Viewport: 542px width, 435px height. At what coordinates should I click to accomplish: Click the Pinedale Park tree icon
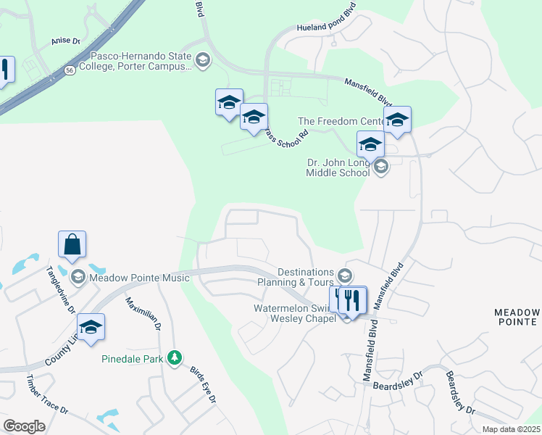click(x=174, y=357)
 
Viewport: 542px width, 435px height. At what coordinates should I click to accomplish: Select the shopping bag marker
click(x=72, y=244)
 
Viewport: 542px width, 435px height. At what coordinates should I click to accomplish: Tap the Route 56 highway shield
click(x=70, y=70)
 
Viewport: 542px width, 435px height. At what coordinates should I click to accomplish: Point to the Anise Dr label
click(x=65, y=41)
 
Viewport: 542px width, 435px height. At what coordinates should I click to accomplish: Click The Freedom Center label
click(x=338, y=121)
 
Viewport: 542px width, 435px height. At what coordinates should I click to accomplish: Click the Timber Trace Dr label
click(x=47, y=394)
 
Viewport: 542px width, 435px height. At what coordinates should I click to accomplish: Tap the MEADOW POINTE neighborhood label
click(x=517, y=317)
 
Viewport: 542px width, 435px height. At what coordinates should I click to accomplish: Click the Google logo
click(x=24, y=426)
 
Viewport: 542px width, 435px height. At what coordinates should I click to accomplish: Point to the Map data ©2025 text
click(x=511, y=429)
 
